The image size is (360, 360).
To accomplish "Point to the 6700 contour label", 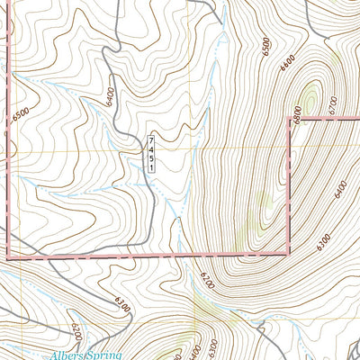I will (332, 105).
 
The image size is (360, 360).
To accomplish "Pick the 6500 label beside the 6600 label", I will (262, 42).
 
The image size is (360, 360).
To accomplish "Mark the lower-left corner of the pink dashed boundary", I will (8, 257).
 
